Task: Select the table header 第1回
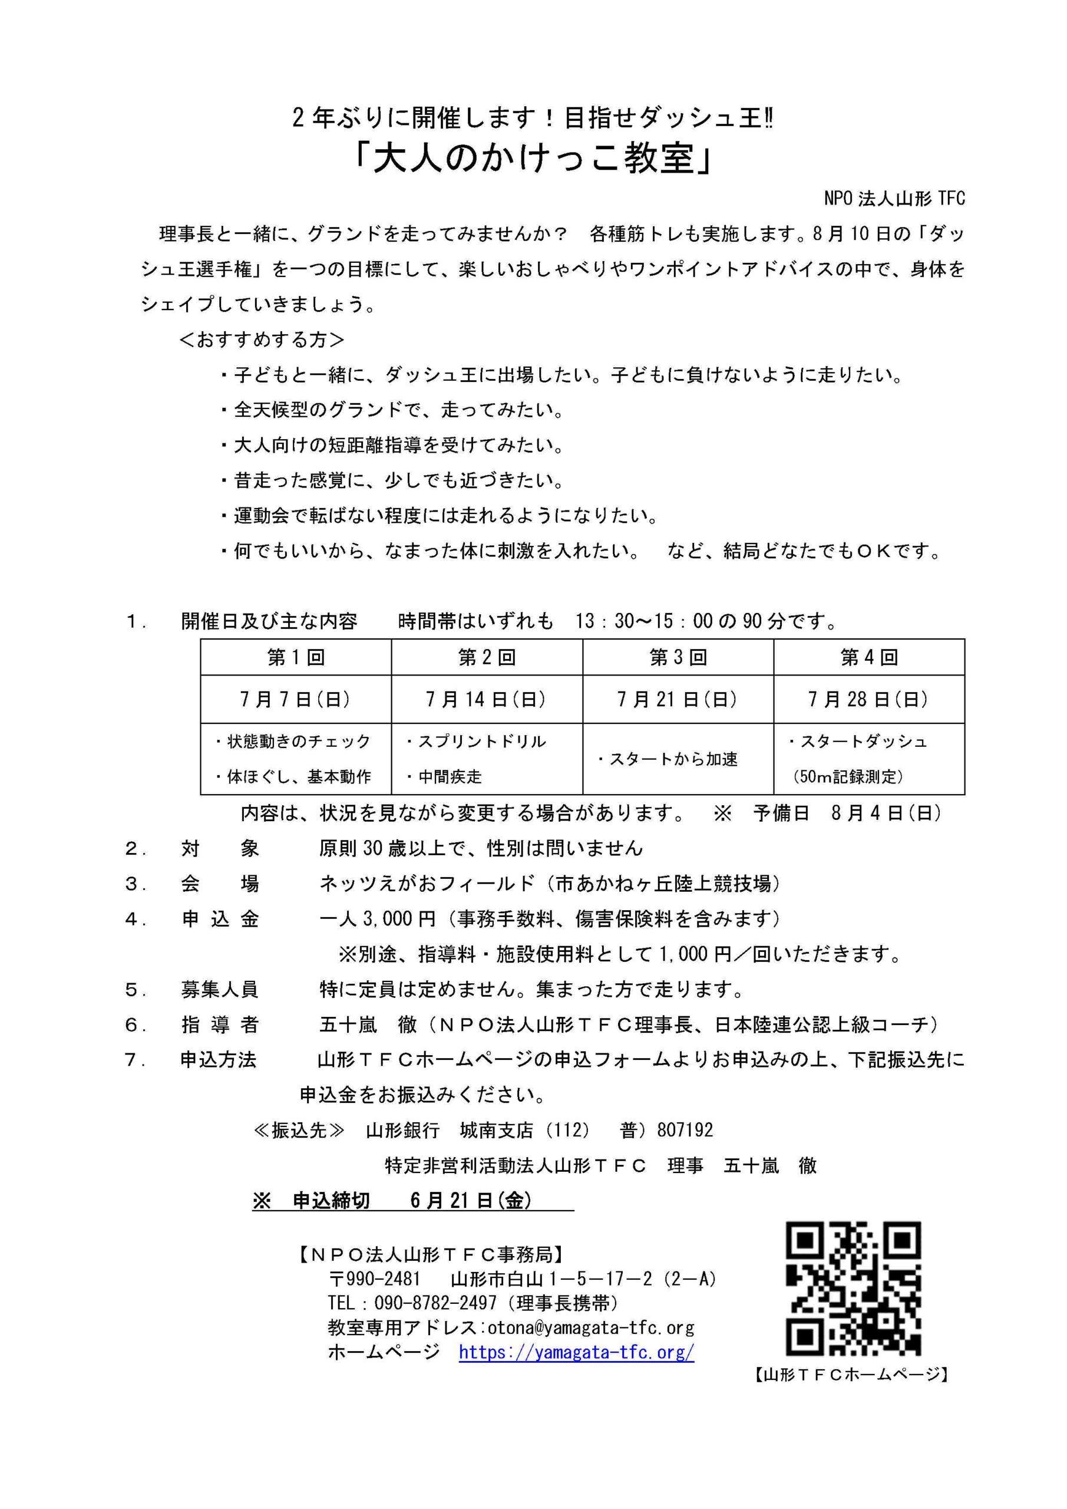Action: [x=296, y=657]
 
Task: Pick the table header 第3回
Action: [x=678, y=657]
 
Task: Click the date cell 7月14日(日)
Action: [x=486, y=699]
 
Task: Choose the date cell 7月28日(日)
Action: [x=868, y=699]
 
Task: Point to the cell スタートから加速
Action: [x=668, y=759]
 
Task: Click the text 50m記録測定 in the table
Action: [x=848, y=777]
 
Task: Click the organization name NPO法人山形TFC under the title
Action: [x=894, y=199]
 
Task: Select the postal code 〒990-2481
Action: [x=375, y=1279]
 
